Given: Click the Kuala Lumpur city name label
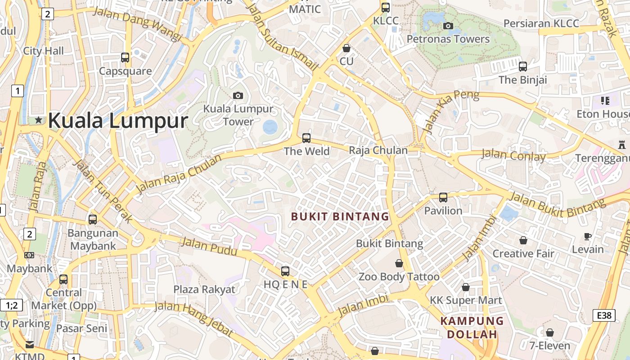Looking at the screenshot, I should (x=118, y=121).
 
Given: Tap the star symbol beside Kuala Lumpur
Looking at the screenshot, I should (x=39, y=120).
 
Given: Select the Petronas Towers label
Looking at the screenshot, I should (x=448, y=39).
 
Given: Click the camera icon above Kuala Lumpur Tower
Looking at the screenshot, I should (x=238, y=95).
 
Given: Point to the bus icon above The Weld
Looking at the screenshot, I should (x=306, y=138).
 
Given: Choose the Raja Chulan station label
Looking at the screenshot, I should (x=378, y=150).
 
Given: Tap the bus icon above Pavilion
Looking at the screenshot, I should (x=443, y=197).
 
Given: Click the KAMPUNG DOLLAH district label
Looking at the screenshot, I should (x=472, y=328).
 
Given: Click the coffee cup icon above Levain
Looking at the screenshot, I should (x=588, y=236).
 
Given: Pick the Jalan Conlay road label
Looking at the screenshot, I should (x=513, y=156).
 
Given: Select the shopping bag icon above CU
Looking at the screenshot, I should (x=346, y=48).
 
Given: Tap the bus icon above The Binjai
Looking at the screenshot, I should (x=523, y=67).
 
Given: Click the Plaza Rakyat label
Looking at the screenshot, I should (x=204, y=289).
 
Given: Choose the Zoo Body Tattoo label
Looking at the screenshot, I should (x=399, y=277).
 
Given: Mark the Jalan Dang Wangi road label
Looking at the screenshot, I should (x=137, y=24).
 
